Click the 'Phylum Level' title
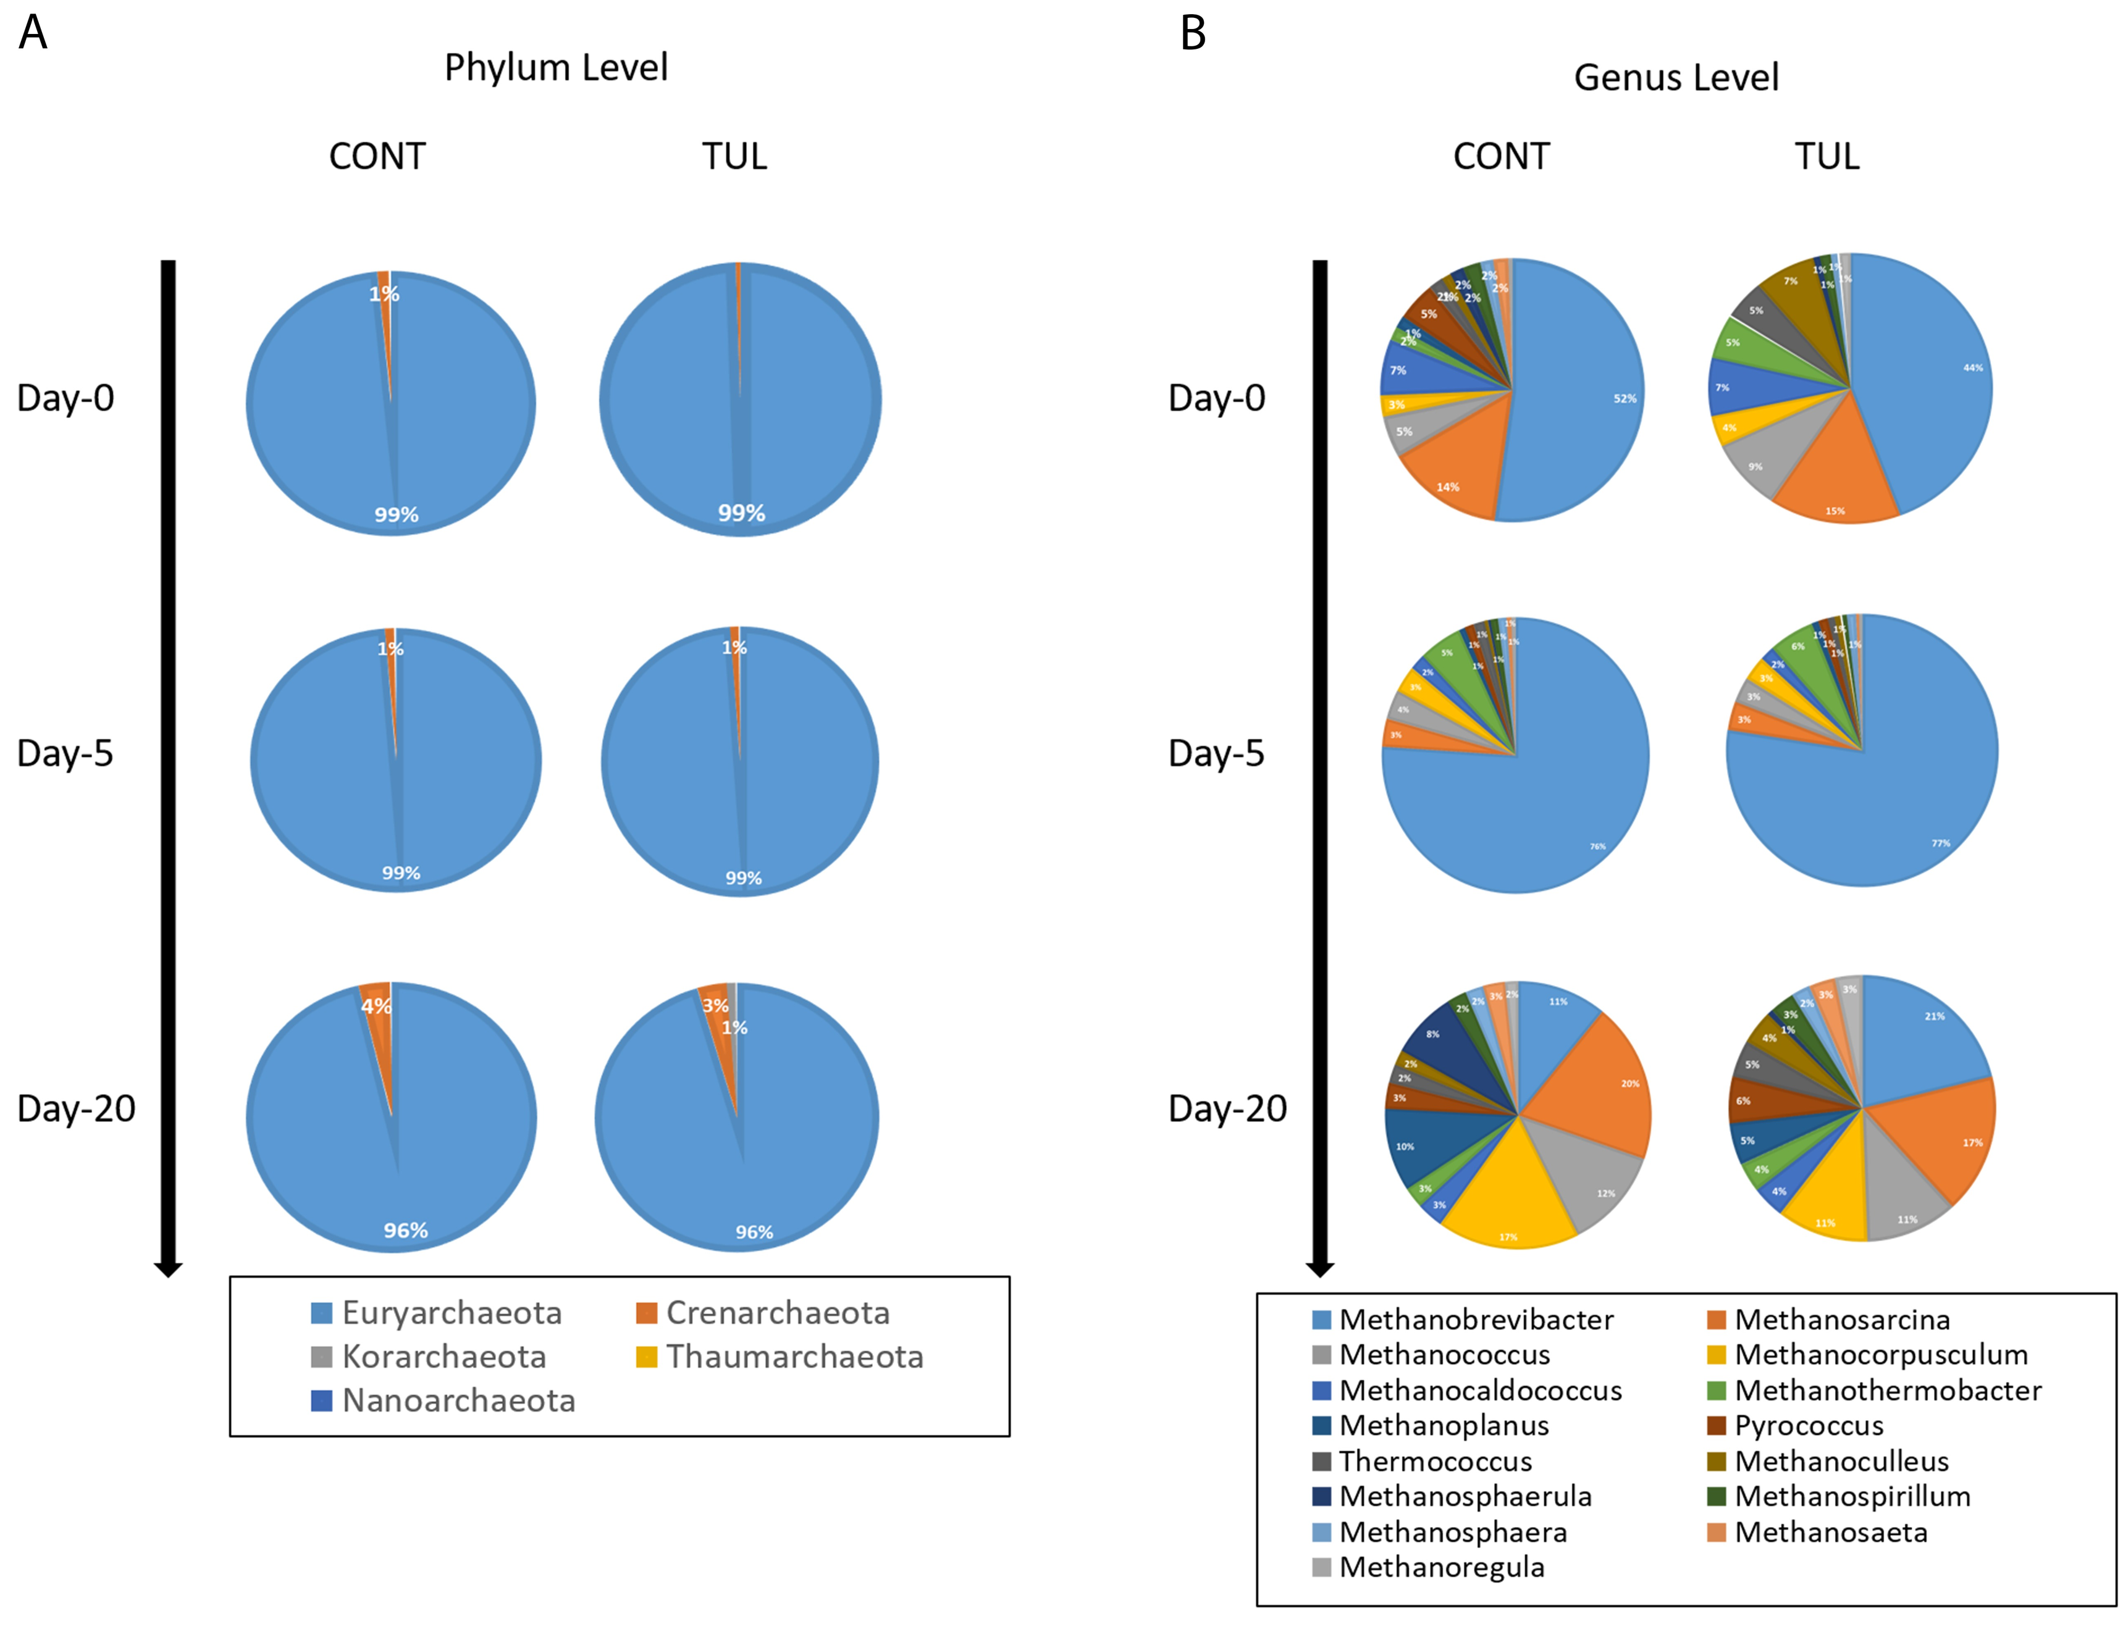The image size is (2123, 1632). point(556,67)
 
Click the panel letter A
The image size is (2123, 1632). point(33,32)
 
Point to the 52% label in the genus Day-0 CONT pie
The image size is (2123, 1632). point(1625,398)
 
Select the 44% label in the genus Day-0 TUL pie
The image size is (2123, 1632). point(1972,367)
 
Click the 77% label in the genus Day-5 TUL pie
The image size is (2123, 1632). point(1940,843)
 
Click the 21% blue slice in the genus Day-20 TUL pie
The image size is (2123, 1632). point(1919,1034)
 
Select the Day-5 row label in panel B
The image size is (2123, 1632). point(1216,753)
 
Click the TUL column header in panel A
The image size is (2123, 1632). point(734,156)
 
